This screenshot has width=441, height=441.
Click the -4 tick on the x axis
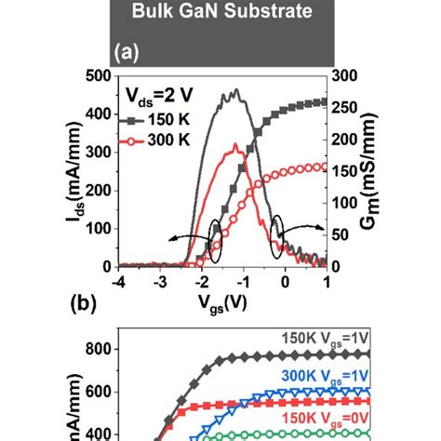pos(118,281)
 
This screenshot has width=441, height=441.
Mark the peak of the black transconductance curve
pos(236,90)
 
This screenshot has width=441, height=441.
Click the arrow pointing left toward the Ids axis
pos(193,238)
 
